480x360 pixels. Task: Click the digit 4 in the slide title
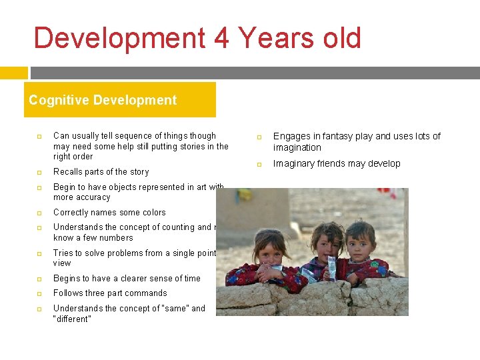221,38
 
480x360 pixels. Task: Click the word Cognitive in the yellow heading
56,101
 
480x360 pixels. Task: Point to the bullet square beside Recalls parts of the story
39,172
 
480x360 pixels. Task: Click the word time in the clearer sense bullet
191,279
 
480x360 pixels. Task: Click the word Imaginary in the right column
295,164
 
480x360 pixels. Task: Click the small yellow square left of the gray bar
13,73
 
